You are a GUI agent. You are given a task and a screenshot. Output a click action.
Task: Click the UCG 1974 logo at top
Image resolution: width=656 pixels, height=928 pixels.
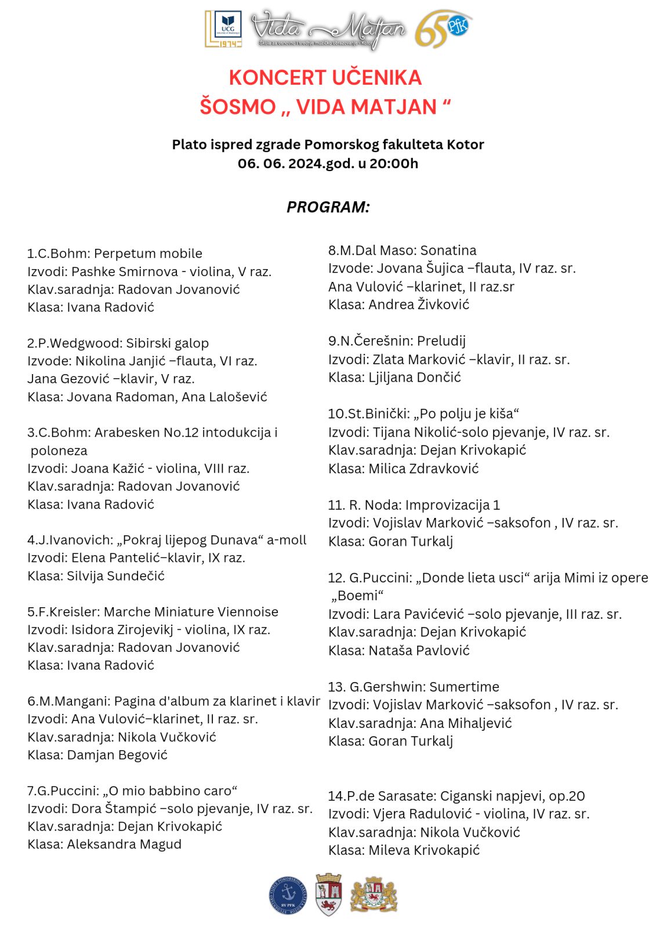tap(224, 28)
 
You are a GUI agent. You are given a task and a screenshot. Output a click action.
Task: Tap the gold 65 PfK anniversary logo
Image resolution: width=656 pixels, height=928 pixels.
tap(444, 28)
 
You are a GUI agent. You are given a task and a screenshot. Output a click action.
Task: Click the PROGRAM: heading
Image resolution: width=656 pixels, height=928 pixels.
tap(328, 207)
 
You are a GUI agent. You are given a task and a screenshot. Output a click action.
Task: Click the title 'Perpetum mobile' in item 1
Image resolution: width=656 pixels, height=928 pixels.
tap(148, 253)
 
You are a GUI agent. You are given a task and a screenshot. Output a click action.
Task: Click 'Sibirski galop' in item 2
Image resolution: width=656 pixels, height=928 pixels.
tap(167, 343)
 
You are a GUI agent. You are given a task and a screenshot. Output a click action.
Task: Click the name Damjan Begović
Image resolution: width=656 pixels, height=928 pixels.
tap(117, 755)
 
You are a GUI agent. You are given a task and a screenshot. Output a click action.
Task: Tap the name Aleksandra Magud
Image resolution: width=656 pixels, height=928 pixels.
tap(124, 844)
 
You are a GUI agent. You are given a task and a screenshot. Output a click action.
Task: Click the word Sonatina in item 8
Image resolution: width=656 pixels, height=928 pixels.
tap(448, 251)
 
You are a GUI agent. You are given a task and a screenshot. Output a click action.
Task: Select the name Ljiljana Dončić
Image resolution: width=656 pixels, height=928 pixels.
tap(415, 378)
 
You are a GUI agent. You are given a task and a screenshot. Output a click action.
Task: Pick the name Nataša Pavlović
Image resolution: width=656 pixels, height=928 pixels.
tap(419, 651)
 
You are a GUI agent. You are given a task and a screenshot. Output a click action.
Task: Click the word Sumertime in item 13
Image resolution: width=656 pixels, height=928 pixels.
tap(464, 687)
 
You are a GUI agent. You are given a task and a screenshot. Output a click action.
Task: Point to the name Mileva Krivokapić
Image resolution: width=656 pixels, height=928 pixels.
tap(424, 850)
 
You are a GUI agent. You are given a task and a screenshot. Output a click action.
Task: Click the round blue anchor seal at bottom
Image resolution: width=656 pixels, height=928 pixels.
tap(288, 895)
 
